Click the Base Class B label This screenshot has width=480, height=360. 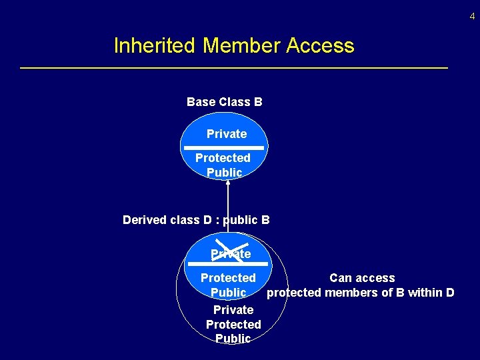[x=224, y=102]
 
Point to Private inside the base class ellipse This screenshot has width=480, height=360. [x=227, y=134]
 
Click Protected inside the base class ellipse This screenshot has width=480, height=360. [x=223, y=158]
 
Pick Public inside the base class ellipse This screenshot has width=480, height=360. [x=224, y=173]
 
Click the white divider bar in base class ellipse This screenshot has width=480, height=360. [x=224, y=147]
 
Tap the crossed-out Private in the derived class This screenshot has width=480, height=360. [x=231, y=254]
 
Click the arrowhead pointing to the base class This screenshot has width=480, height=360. [x=228, y=181]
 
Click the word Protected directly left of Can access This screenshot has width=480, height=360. [x=228, y=278]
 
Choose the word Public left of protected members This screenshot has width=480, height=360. [x=229, y=293]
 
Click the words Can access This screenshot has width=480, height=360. [x=362, y=278]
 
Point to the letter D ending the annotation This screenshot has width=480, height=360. [x=450, y=293]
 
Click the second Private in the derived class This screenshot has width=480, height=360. [x=233, y=310]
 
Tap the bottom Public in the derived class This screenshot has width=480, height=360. [x=233, y=339]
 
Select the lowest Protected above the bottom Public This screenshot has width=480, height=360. [x=233, y=325]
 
